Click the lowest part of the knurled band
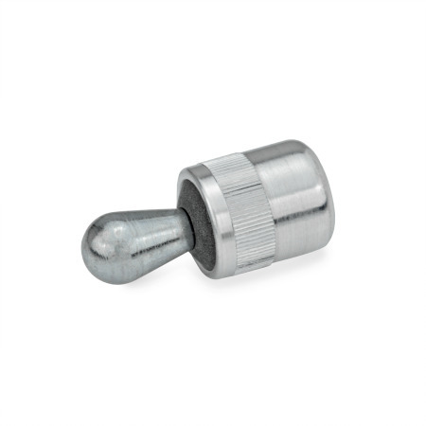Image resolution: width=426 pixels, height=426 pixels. (x=248, y=266)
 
